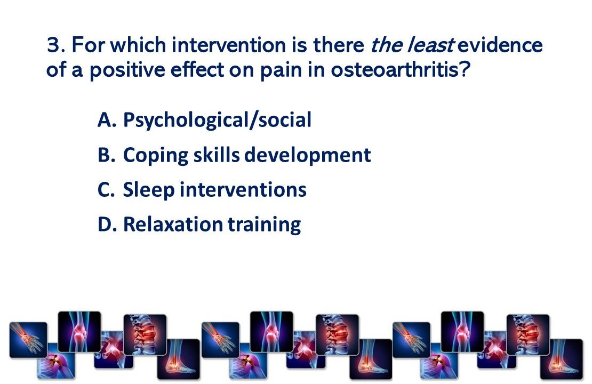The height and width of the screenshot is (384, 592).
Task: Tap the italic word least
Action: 430,45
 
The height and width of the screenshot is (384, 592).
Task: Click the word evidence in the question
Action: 500,45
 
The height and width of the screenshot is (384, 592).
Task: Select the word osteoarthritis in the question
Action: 401,70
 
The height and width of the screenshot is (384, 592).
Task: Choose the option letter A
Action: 107,120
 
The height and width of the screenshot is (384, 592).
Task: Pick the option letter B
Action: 106,155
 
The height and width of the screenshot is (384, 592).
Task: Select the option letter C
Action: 106,190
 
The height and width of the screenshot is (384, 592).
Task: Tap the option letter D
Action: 107,225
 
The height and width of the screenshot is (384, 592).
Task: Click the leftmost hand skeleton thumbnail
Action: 28,339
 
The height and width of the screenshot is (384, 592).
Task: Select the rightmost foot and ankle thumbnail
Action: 562,359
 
